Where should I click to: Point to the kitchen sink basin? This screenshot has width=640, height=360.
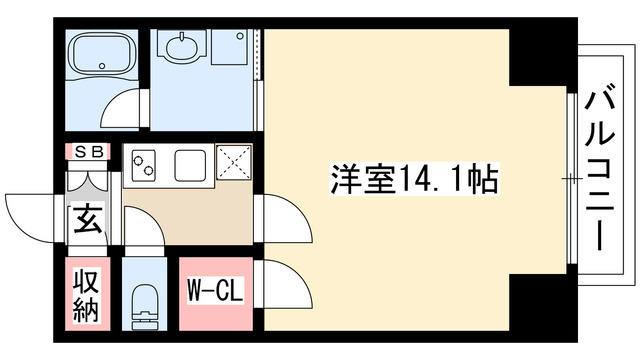point(189,163)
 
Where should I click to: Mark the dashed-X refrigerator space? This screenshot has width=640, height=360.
point(234,163)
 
